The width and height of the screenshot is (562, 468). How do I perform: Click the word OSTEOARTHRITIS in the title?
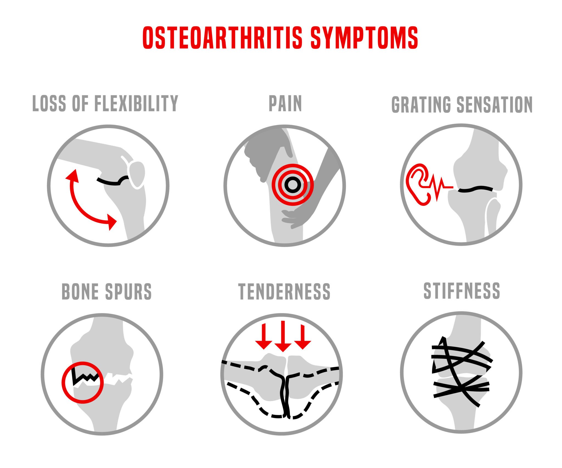point(222,38)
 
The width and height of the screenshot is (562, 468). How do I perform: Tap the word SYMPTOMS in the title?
point(364,38)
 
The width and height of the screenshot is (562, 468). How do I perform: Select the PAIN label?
point(285,104)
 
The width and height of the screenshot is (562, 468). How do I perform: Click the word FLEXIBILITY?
point(136,104)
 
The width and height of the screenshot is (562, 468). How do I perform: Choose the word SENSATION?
point(494,105)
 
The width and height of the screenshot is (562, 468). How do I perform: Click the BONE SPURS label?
point(106,291)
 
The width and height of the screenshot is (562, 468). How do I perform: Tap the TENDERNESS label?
point(284,292)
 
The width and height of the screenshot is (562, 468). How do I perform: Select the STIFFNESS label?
point(462,291)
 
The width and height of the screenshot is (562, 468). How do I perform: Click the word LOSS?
point(49,104)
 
